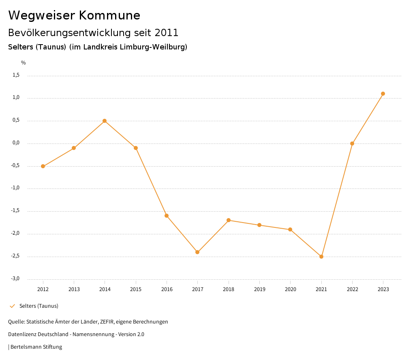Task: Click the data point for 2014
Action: (x=105, y=121)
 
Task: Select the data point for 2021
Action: (x=321, y=257)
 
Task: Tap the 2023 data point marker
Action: (x=383, y=94)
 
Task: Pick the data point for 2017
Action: (x=197, y=252)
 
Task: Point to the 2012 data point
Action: (x=43, y=166)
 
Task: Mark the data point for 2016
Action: (x=167, y=216)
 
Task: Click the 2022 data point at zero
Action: (x=352, y=144)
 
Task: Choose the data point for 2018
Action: (x=229, y=220)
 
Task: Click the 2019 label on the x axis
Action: (x=259, y=289)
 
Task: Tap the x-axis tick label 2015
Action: (x=136, y=289)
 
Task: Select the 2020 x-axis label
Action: (x=290, y=289)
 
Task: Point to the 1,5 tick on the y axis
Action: (x=16, y=75)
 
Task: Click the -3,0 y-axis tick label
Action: (x=15, y=279)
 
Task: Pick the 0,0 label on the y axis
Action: (x=16, y=143)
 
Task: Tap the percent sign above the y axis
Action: (x=24, y=63)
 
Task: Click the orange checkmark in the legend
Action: (x=12, y=306)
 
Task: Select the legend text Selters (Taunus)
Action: (x=39, y=306)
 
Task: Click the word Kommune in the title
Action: (x=110, y=15)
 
